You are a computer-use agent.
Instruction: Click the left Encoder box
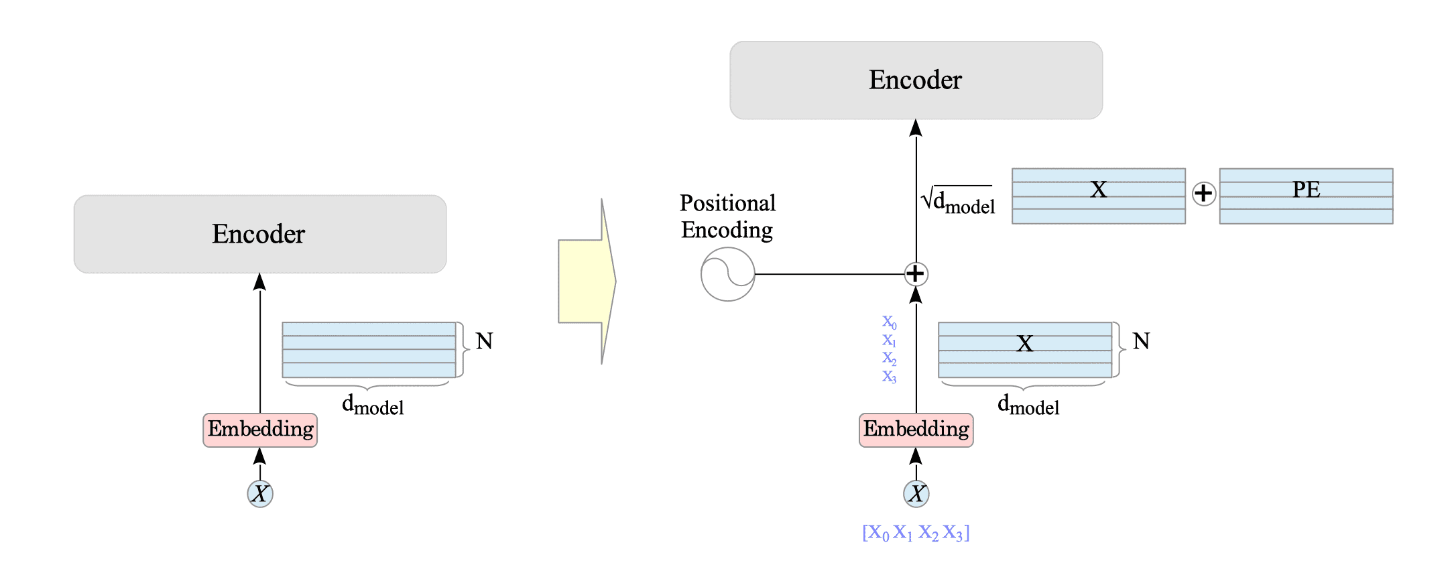[260, 234]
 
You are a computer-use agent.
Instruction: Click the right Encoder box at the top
[916, 80]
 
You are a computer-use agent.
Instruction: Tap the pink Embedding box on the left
[260, 430]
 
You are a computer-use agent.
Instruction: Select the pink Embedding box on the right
[916, 430]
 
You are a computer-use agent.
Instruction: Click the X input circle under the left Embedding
[260, 494]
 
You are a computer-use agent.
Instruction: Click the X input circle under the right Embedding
[916, 494]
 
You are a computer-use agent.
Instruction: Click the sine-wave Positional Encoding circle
[727, 274]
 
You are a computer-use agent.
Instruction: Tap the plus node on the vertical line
[916, 273]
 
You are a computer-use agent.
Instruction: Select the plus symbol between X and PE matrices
[1204, 194]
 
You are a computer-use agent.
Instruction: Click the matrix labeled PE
[1306, 196]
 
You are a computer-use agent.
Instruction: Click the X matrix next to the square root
[1098, 196]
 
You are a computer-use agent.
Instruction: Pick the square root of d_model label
[959, 200]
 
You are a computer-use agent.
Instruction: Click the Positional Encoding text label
[727, 216]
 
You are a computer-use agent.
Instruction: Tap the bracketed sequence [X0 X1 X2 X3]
[916, 533]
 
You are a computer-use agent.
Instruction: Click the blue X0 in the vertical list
[889, 322]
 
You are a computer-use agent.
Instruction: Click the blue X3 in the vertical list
[889, 377]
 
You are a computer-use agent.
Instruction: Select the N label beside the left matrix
[484, 341]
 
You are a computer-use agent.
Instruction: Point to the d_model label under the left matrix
[373, 405]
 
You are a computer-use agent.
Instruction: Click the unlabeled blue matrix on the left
[369, 350]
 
